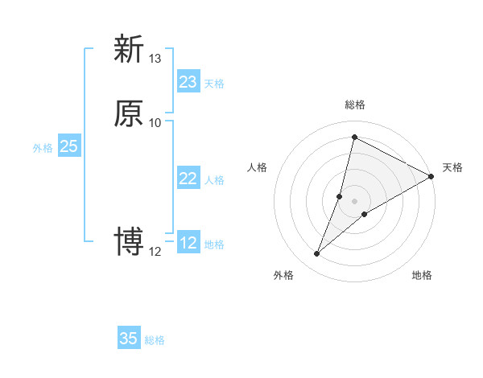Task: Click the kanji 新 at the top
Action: pyautogui.click(x=129, y=49)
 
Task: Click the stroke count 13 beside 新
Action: pyautogui.click(x=155, y=59)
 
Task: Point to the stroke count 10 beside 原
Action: pyautogui.click(x=155, y=122)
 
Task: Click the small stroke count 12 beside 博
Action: pyautogui.click(x=155, y=251)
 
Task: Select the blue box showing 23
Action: pyautogui.click(x=188, y=82)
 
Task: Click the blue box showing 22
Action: pyautogui.click(x=188, y=179)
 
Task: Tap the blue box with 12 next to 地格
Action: pyautogui.click(x=188, y=243)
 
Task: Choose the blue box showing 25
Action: pyautogui.click(x=69, y=146)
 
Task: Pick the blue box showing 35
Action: pyautogui.click(x=129, y=339)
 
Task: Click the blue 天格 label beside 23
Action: pyautogui.click(x=214, y=84)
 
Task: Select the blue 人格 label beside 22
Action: pyautogui.click(x=214, y=180)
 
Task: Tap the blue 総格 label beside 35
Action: pyautogui.click(x=155, y=340)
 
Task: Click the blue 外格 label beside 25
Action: pyautogui.click(x=43, y=148)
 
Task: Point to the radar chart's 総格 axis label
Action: pyautogui.click(x=355, y=105)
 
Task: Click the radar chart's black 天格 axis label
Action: pyautogui.click(x=452, y=167)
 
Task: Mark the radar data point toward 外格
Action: pyautogui.click(x=317, y=254)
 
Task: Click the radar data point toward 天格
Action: pyautogui.click(x=431, y=177)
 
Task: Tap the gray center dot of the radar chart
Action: pyautogui.click(x=355, y=200)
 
